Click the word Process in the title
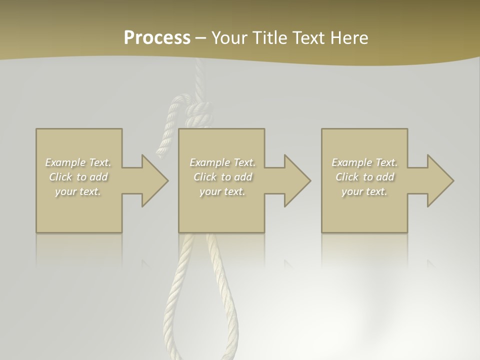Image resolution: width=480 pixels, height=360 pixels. pos(157,38)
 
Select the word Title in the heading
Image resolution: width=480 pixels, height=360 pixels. pos(269,38)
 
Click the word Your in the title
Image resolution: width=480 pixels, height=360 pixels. pos(229,38)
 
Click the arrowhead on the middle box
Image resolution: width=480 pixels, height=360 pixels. pos(297,180)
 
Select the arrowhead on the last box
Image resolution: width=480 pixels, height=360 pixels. pos(440,180)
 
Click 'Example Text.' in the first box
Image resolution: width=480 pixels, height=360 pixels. pos(78,162)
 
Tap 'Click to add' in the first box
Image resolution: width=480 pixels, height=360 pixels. pos(78,177)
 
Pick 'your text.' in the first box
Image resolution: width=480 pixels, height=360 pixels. pos(78,191)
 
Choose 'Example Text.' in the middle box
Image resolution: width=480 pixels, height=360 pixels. pos(222,162)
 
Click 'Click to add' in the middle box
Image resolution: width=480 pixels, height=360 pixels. pos(222,177)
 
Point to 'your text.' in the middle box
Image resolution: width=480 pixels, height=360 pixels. pos(222,191)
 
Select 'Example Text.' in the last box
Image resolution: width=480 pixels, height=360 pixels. pos(364,162)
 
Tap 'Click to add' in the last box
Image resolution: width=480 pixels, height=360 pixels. pos(364,177)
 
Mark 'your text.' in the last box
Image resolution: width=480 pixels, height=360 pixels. pos(364,191)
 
